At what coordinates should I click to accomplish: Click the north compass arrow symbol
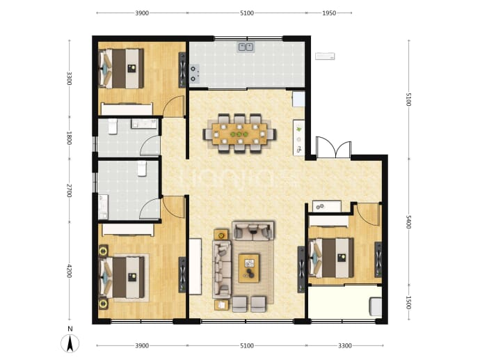point(70,343)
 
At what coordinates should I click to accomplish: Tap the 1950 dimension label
point(329,13)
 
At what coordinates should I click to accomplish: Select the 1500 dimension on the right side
point(408,302)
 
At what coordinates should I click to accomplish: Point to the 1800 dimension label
point(69,138)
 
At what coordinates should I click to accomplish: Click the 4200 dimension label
point(69,271)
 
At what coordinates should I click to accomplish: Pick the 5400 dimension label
point(408,222)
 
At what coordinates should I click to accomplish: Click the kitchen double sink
point(246,47)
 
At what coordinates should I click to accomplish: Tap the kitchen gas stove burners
point(194,74)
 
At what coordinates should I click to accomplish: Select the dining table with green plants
point(240,134)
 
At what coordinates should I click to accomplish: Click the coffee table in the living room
point(249,268)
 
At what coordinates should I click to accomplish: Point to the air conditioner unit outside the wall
point(325,56)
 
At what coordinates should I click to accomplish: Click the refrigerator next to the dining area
point(298,99)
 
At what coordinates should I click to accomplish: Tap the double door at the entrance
point(334,148)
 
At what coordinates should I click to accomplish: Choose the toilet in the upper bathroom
point(112,126)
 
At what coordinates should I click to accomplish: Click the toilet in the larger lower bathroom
point(142,169)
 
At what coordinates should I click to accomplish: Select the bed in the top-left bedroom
point(122,69)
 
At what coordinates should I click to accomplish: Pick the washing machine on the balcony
point(376,306)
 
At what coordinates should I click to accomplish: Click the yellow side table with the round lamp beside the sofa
point(221,235)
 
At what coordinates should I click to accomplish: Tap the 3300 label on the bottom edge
point(344,345)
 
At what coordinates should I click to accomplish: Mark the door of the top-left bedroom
point(174,106)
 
